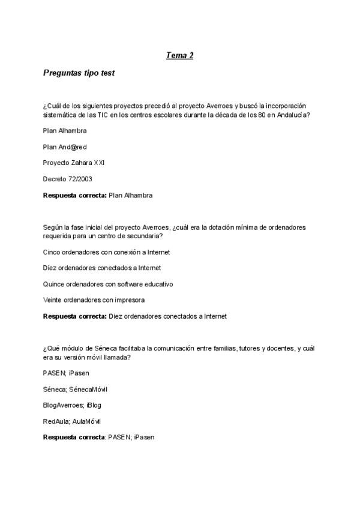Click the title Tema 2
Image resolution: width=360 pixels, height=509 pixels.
click(x=179, y=56)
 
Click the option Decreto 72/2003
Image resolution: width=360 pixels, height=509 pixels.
click(x=68, y=179)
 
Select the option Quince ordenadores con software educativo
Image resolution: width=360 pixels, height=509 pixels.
click(x=107, y=284)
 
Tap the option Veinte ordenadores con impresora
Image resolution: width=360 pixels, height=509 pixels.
click(x=94, y=300)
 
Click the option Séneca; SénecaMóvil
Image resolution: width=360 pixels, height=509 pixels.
click(x=75, y=389)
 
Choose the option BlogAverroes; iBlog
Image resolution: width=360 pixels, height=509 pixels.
click(x=72, y=405)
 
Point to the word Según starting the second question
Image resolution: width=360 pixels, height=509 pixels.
click(x=53, y=228)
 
